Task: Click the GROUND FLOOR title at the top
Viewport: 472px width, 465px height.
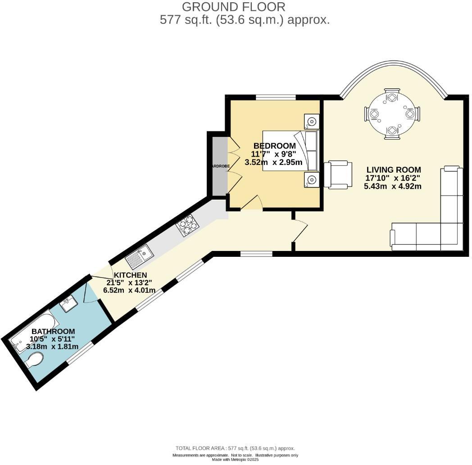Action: [234, 7]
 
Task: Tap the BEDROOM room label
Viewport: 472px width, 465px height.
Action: [274, 146]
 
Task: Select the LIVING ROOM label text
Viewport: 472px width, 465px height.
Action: [394, 170]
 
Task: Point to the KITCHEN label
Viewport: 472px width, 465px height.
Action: [130, 275]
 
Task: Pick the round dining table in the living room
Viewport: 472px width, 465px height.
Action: [392, 114]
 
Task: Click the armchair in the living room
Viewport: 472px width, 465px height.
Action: [339, 175]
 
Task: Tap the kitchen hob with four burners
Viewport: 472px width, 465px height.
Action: [188, 225]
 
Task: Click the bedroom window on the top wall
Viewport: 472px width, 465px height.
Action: [276, 97]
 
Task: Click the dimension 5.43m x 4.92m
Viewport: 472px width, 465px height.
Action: [392, 186]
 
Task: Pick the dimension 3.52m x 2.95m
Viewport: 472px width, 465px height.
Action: [273, 162]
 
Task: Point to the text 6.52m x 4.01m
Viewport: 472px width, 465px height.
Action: [131, 290]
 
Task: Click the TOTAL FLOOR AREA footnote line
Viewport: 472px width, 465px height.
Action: [235, 448]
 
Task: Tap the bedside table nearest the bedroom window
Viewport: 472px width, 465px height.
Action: [311, 121]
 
